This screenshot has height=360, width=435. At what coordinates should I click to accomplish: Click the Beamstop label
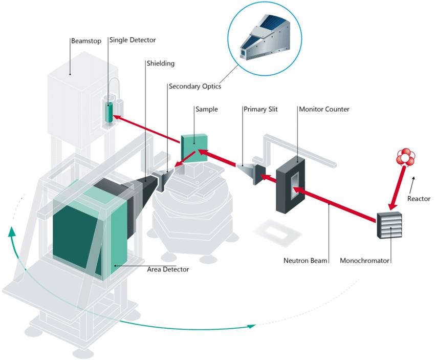click(x=85, y=39)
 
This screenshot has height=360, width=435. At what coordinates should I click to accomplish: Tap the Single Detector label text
click(x=132, y=39)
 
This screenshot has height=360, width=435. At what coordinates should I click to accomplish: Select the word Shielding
click(x=161, y=63)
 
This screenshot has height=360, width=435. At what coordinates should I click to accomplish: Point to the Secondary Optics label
click(x=195, y=87)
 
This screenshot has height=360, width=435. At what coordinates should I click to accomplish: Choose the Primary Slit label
click(x=260, y=110)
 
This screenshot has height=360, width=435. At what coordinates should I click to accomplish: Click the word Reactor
click(x=419, y=198)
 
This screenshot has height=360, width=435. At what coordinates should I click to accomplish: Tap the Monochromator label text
click(x=364, y=260)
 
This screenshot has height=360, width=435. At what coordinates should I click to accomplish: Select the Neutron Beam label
click(x=305, y=260)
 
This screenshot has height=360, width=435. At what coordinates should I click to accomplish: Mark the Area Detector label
click(x=168, y=269)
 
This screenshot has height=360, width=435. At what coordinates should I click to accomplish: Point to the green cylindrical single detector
click(x=109, y=112)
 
